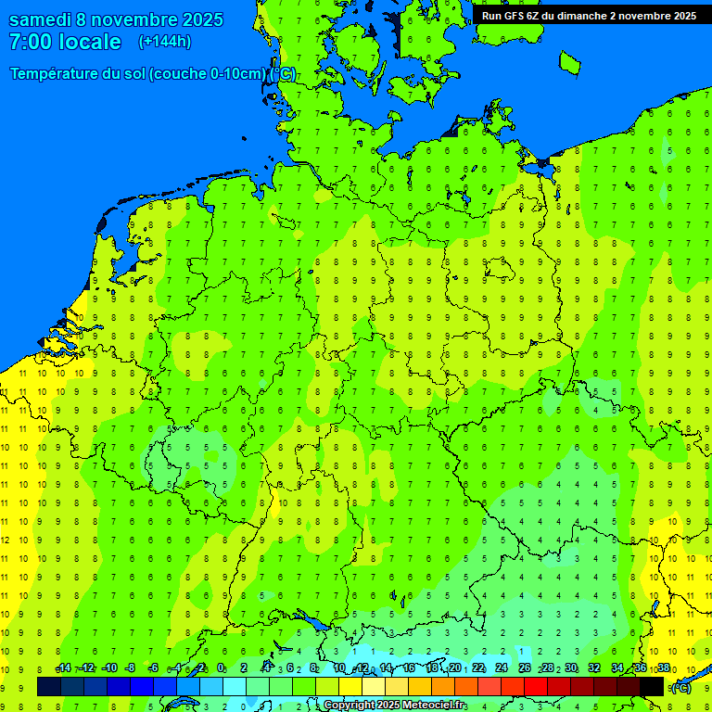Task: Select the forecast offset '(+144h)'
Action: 164,42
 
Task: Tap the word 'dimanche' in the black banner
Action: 579,16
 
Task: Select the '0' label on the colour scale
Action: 221,668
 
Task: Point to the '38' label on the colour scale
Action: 664,668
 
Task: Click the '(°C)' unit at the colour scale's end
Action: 680,687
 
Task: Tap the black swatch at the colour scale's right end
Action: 652,686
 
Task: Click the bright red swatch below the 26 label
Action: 536,686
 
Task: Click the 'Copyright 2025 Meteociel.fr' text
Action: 395,706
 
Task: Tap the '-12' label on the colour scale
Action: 85,668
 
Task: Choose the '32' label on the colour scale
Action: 594,668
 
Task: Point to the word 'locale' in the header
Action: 90,42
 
